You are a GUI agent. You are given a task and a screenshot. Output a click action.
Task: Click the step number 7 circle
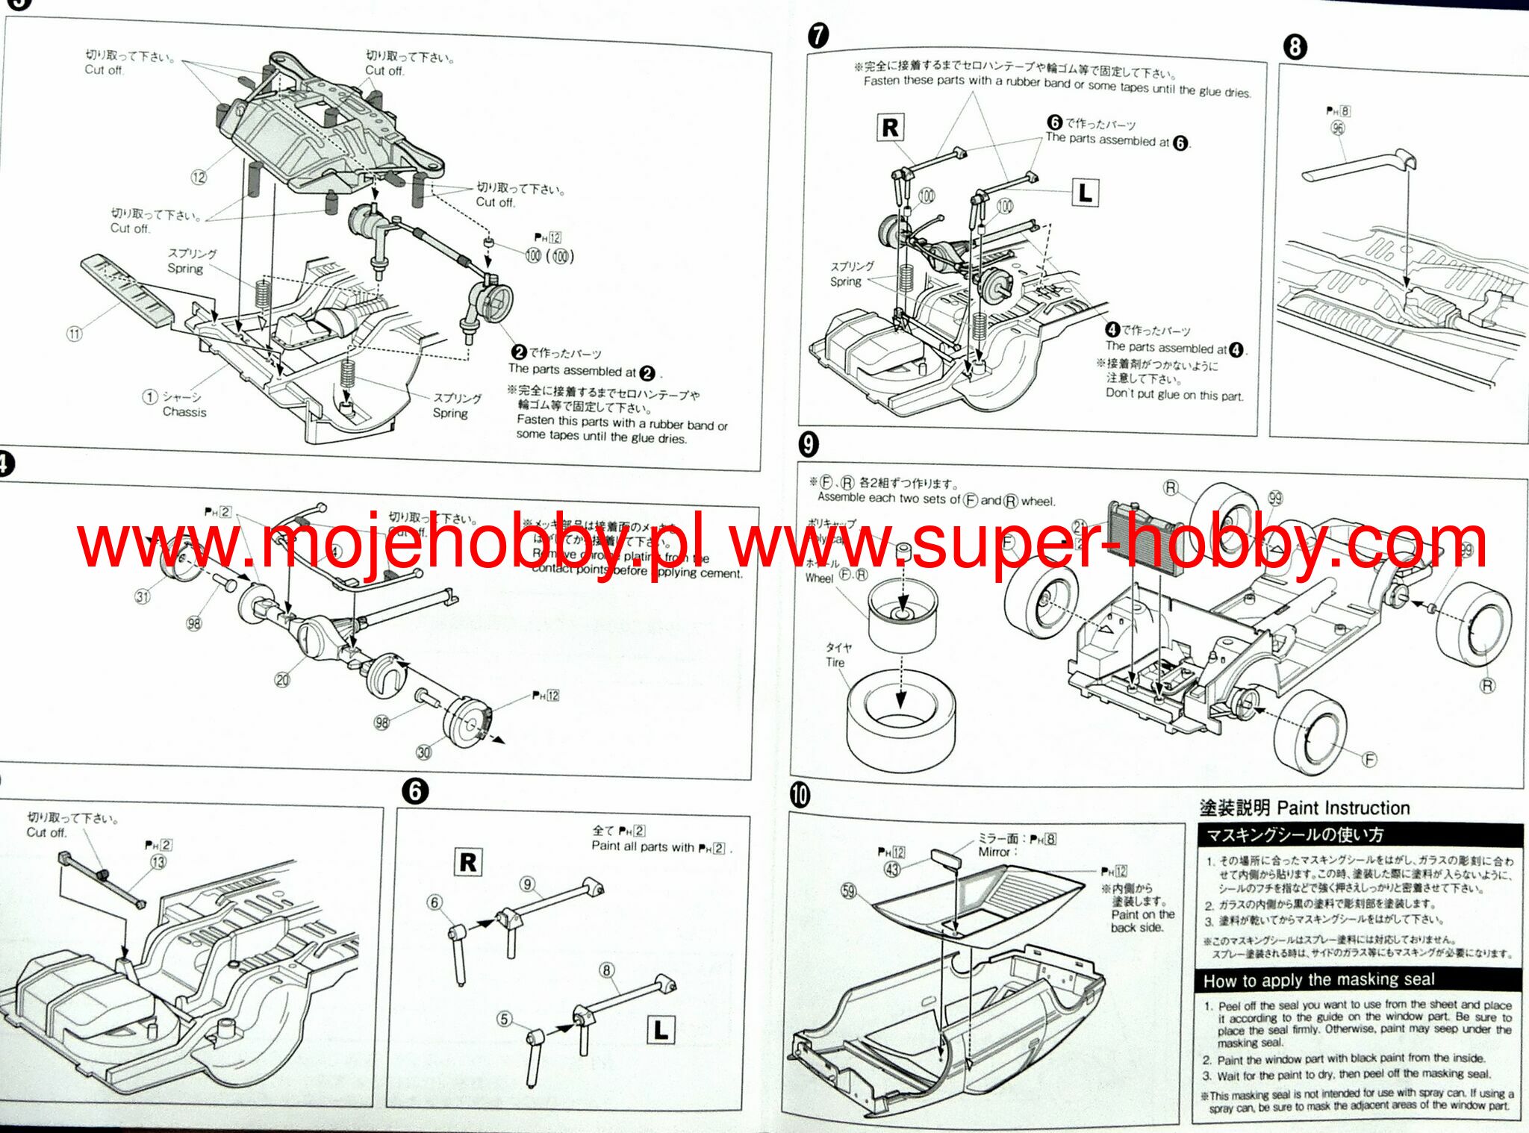coord(818,35)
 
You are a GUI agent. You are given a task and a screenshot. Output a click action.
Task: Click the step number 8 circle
coord(1295,47)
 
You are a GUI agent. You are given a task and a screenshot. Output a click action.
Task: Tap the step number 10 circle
coord(800,796)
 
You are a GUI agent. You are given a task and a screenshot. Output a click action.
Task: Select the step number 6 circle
coord(415,791)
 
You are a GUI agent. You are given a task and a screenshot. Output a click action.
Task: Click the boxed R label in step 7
coord(890,128)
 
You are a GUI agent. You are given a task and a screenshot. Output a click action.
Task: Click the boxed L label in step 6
coord(661,1030)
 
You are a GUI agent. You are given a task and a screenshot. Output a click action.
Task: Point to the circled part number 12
coord(199,177)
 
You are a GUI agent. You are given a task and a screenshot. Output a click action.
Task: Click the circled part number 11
coord(75,334)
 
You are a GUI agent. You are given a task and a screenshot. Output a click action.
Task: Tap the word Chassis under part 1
coord(184,412)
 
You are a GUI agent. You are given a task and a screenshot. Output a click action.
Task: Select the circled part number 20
coord(282,679)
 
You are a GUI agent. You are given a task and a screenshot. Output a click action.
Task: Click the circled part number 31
coord(143,596)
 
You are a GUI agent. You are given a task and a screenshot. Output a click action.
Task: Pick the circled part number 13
coord(158,862)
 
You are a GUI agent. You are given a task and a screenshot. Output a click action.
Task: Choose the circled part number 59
coord(849,890)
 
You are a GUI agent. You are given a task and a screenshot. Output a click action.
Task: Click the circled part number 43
coord(892,869)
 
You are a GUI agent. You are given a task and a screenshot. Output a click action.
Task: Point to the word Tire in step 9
coord(835,663)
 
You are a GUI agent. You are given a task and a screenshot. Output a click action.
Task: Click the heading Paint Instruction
coord(1343,808)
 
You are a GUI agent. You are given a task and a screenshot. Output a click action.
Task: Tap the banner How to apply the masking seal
coord(1319,980)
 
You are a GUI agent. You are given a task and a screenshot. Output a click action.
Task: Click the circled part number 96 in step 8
coord(1338,128)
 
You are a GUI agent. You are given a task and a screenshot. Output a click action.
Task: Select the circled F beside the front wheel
coord(1369,760)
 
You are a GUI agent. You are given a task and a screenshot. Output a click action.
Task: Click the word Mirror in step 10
coord(994,852)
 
